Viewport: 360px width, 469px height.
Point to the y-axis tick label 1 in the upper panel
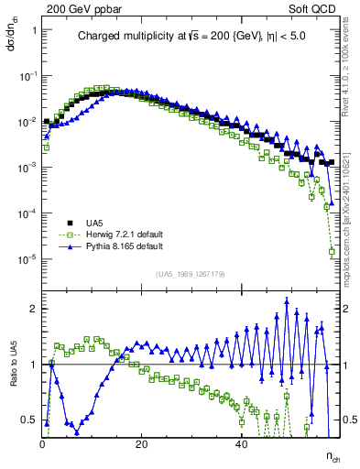click(34, 30)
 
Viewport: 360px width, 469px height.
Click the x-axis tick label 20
click(142, 443)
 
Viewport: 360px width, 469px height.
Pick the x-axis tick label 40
click(241, 443)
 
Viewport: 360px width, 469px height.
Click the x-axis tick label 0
click(43, 443)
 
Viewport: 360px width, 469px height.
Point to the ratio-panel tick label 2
click(34, 309)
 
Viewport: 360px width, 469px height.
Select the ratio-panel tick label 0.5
click(29, 420)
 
